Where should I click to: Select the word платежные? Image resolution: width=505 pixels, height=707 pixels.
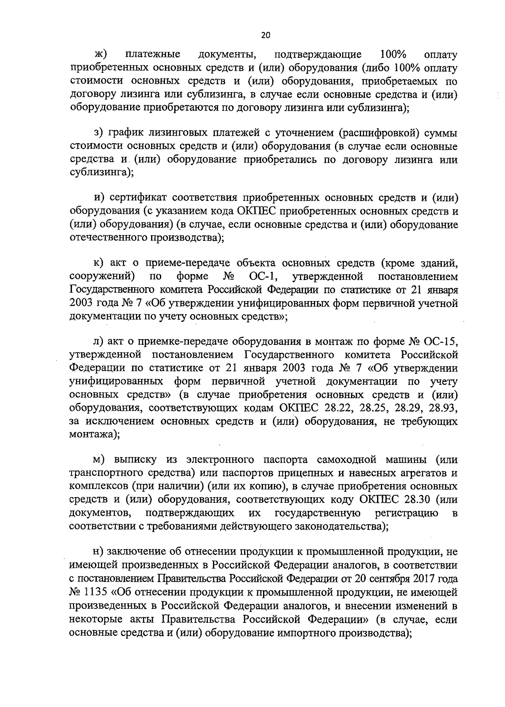pyautogui.click(x=153, y=55)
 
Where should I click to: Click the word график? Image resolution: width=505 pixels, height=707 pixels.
pyautogui.click(x=126, y=133)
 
